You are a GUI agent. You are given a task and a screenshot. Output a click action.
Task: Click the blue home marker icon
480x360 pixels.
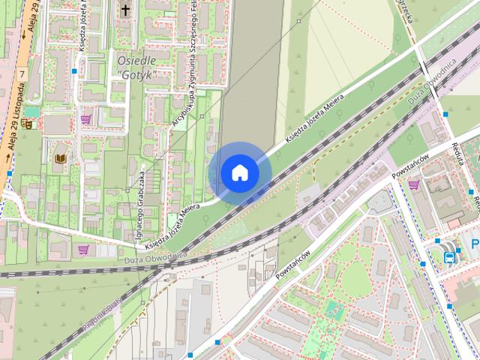click(x=239, y=172)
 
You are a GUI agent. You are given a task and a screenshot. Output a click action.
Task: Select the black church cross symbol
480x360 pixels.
click(x=125, y=10)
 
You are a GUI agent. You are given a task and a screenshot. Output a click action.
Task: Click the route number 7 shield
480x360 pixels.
click(x=23, y=74)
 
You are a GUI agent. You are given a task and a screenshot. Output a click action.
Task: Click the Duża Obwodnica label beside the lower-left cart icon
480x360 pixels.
click(x=151, y=257)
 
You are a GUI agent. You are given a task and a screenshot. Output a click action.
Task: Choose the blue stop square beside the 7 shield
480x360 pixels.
click(x=74, y=71)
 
